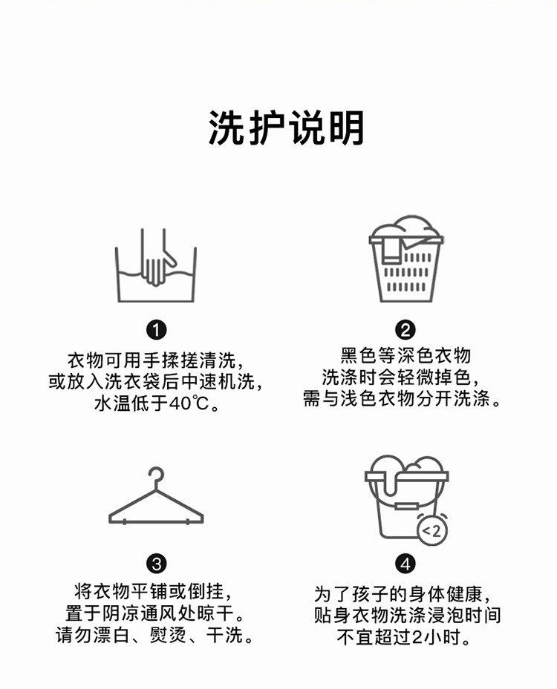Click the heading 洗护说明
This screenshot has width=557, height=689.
pyautogui.click(x=286, y=128)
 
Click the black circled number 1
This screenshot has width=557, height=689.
pyautogui.click(x=156, y=330)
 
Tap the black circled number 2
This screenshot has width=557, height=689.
pyautogui.click(x=405, y=330)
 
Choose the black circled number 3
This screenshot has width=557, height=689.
pyautogui.click(x=156, y=564)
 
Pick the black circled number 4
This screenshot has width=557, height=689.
pyautogui.click(x=405, y=564)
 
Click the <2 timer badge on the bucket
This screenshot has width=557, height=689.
pyautogui.click(x=432, y=531)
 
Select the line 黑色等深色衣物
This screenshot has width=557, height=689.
pyautogui.click(x=405, y=355)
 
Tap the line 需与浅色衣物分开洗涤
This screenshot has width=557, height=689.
pyautogui.click(x=402, y=398)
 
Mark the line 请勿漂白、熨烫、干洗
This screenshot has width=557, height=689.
pyautogui.click(x=154, y=635)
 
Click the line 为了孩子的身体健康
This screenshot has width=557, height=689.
pyautogui.click(x=402, y=594)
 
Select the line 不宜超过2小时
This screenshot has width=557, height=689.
pyautogui.click(x=403, y=636)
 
